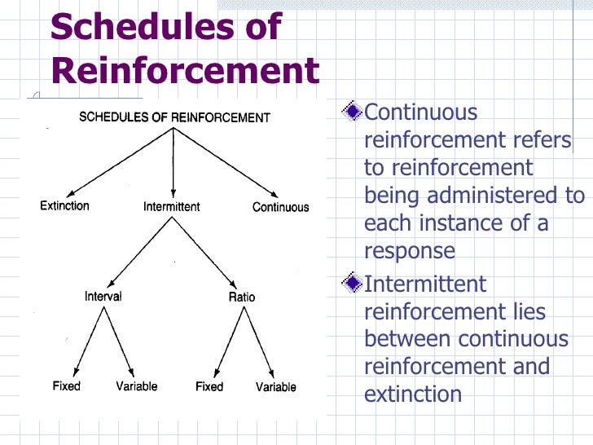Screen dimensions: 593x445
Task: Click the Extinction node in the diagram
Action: [x=65, y=206]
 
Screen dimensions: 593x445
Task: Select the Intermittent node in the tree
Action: [x=171, y=207]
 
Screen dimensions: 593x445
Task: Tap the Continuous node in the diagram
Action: [x=280, y=207]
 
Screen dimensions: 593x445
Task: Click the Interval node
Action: [x=103, y=297]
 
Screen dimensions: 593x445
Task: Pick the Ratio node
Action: [x=241, y=297]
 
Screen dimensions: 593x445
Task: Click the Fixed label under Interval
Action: [x=67, y=386]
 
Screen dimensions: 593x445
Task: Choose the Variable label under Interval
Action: [x=136, y=386]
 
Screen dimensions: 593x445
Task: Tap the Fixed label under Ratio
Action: [x=209, y=386]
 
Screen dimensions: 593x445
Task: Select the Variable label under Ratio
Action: [x=276, y=386]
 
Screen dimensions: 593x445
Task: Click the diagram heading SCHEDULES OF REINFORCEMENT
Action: [x=174, y=117]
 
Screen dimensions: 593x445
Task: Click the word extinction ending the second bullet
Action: [x=413, y=394]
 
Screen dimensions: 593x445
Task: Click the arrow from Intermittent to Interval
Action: [x=140, y=252]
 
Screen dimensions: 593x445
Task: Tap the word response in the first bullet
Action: [x=410, y=251]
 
